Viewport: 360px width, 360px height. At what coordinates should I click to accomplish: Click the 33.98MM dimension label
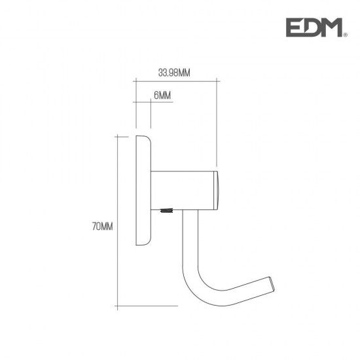coord(174,73)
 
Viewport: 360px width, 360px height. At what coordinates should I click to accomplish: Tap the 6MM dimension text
coord(162,96)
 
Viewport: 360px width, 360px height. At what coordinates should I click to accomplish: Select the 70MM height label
coord(103,227)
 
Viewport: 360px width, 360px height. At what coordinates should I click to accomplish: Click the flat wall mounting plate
coord(143,190)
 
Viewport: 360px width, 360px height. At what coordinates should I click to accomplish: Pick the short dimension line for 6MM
coord(143,103)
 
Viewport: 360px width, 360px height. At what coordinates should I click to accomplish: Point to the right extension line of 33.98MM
coord(216,124)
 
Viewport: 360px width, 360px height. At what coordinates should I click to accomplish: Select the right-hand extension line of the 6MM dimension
coord(151,117)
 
